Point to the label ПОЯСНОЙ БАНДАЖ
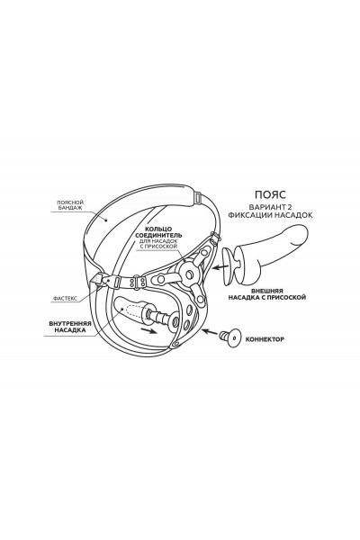(x=70, y=205)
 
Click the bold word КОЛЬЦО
(x=158, y=229)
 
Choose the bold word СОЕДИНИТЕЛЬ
(x=158, y=235)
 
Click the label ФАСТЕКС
(x=66, y=298)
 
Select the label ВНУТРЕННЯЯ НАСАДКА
(x=70, y=327)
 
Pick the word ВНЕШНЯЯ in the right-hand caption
(x=267, y=291)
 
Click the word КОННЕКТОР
(x=265, y=339)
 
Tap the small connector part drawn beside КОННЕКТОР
(x=231, y=337)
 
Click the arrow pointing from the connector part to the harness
(x=210, y=332)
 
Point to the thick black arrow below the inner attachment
(x=148, y=331)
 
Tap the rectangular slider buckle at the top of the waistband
(x=198, y=197)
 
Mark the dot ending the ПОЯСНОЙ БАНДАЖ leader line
(x=106, y=220)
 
